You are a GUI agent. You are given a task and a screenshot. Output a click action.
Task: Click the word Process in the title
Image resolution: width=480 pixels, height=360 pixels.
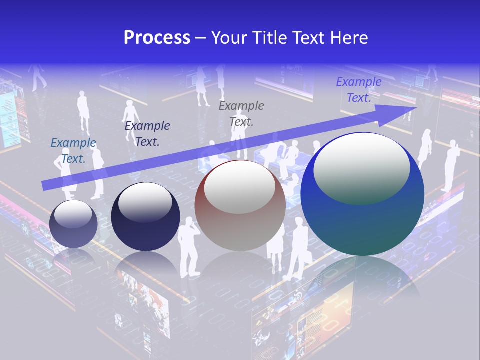[x=157, y=38]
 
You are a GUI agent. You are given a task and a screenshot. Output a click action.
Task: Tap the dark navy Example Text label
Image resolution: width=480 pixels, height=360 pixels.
[x=147, y=133]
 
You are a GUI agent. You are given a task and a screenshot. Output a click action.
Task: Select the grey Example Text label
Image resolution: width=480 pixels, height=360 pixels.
[x=241, y=113]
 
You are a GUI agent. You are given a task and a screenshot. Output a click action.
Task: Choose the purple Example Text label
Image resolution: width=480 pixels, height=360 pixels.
[x=359, y=90]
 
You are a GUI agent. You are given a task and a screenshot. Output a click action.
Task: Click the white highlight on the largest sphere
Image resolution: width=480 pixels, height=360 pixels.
[x=361, y=167]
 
